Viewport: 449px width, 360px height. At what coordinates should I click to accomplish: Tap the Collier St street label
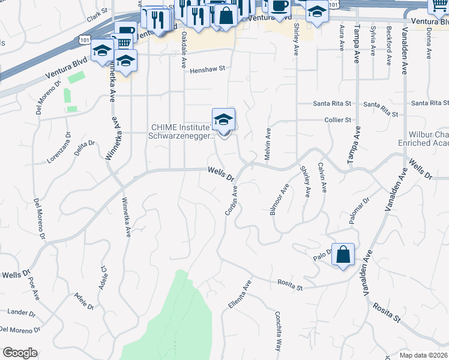(337, 120)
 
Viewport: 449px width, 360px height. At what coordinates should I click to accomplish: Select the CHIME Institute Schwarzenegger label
(181, 131)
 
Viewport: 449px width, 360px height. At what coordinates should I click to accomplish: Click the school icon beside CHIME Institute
(223, 119)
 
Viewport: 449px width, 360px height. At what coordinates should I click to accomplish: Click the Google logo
(20, 353)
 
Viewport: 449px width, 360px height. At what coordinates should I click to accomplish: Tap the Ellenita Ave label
(239, 298)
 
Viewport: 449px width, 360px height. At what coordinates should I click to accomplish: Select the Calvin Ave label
(322, 178)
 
